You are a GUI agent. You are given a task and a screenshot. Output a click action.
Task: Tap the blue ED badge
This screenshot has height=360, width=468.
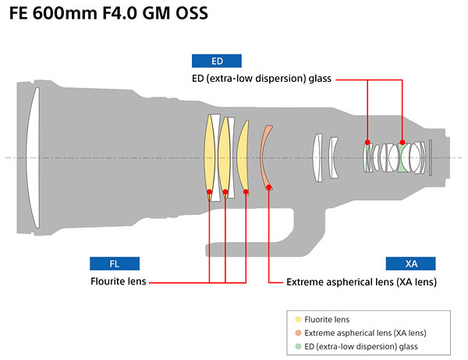pyautogui.click(x=216, y=61)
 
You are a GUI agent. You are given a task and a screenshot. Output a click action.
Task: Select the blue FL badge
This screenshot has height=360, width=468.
pyautogui.click(x=114, y=263)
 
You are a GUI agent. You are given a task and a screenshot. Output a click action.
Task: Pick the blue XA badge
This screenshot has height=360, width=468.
pyautogui.click(x=410, y=263)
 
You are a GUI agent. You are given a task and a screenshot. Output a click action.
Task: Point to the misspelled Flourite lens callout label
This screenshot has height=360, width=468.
pyautogui.click(x=117, y=281)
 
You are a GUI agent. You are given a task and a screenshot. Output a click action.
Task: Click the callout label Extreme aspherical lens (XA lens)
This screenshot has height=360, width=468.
pyautogui.click(x=361, y=281)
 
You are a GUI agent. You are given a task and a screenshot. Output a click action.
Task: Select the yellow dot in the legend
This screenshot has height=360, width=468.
pyautogui.click(x=298, y=319)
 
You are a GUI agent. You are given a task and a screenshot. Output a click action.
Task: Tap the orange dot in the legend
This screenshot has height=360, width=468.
pyautogui.click(x=298, y=333)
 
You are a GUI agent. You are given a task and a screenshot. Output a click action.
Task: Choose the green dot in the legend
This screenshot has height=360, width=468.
pyautogui.click(x=298, y=346)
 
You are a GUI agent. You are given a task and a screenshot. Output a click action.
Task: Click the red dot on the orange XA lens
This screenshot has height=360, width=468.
pyautogui.click(x=268, y=185)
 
